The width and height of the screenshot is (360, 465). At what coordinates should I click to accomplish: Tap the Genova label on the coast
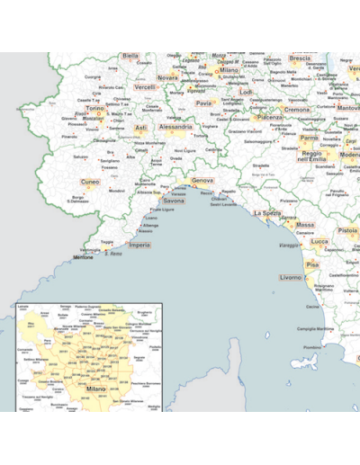coord(202,181)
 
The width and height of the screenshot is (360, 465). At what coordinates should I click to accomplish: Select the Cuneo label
coord(90,181)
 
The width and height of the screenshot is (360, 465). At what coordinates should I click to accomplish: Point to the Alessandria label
coord(175,128)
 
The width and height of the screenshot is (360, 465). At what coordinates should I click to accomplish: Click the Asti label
coord(140,128)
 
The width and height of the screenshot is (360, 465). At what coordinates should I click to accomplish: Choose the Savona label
coord(173,201)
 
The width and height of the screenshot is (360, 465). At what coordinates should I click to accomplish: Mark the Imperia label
coord(139,245)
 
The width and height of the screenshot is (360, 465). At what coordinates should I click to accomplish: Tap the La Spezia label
coord(267,213)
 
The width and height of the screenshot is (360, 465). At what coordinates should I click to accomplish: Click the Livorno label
coord(291,277)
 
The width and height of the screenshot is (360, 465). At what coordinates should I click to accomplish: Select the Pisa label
coord(312,265)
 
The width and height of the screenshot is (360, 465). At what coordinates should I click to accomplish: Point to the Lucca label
coord(319,241)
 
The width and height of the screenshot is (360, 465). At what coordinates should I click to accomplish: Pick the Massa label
coord(305,225)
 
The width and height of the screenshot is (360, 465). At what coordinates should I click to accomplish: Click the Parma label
coord(309,139)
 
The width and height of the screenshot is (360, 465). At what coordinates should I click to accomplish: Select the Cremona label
coord(296,109)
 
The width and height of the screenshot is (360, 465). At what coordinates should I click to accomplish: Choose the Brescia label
coord(300,58)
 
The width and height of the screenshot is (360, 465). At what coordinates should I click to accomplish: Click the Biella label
coord(130,56)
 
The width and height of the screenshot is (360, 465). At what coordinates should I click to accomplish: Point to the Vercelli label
coord(145,86)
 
